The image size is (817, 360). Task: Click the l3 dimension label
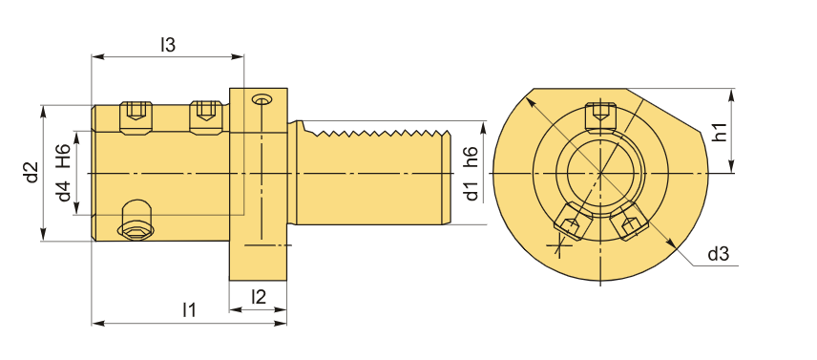click(x=168, y=45)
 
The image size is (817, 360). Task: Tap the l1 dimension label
click(x=189, y=310)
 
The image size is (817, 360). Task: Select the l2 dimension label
click(x=259, y=296)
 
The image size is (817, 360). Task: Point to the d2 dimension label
click(x=32, y=173)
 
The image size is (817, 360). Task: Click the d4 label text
click(x=64, y=191)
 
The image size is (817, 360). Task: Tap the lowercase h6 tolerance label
click(x=471, y=158)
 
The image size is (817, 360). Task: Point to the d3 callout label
click(x=718, y=254)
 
